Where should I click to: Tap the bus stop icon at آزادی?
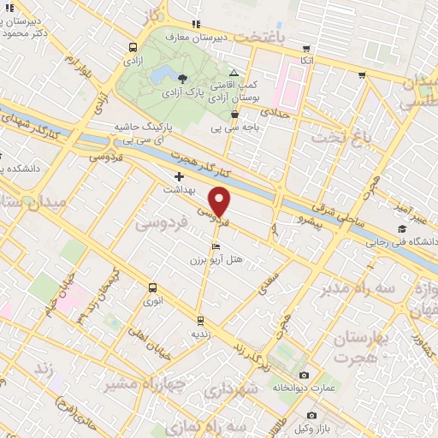tap(132, 48)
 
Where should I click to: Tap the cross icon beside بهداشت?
tap(178, 175)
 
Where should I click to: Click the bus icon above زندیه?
tap(200, 322)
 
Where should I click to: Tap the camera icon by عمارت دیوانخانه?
tap(305, 375)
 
